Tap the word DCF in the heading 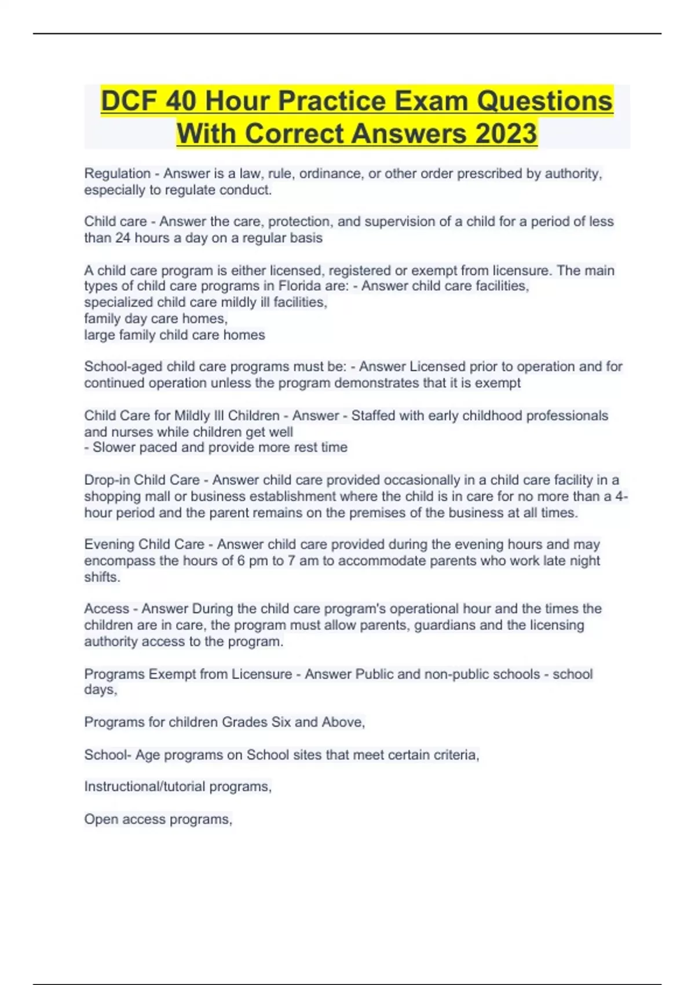click(x=129, y=101)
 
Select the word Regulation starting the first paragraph click(x=117, y=173)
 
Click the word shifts click(x=102, y=577)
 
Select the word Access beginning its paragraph click(x=107, y=608)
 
